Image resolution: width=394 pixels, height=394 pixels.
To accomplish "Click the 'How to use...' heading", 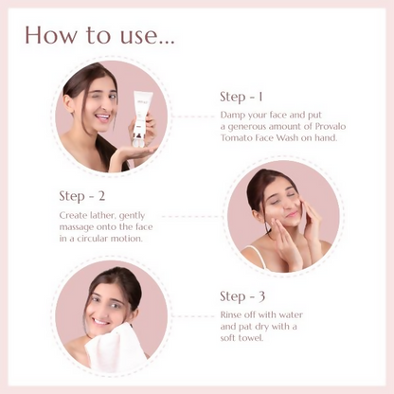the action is [99, 34].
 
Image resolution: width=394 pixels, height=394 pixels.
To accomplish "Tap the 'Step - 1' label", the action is [242, 97].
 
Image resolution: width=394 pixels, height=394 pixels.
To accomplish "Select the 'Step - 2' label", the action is [82, 196].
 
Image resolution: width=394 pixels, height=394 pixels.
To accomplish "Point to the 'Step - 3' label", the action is [242, 296].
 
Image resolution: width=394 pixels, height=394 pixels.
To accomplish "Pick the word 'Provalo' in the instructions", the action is [331, 126].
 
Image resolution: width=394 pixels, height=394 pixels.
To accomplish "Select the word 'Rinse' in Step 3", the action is [231, 314].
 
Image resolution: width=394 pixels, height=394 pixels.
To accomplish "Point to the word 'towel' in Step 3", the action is [251, 338].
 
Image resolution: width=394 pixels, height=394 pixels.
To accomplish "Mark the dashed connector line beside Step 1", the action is [193, 116].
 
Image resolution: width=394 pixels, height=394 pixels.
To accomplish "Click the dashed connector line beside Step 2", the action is [191, 217].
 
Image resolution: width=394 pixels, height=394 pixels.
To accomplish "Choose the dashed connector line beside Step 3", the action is [193, 316].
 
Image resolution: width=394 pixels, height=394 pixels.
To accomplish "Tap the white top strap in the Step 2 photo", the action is [258, 255].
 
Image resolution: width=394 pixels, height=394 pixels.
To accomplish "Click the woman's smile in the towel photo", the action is [101, 322].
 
